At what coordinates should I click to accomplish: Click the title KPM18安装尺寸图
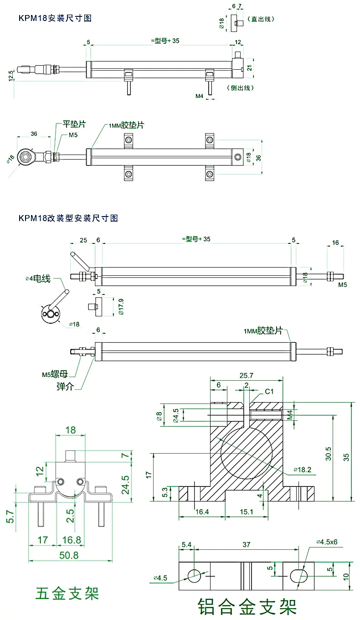coord(55,18)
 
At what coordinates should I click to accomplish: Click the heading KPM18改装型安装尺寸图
coord(68,218)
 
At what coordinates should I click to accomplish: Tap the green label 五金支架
coord(67,594)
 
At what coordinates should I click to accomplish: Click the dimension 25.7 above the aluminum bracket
coord(247,376)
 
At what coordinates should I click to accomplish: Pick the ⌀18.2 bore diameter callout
coord(303,469)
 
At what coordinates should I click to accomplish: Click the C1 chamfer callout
coord(269,392)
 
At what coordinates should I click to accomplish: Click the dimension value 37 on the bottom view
coord(246,545)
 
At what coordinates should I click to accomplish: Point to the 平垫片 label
coord(74,124)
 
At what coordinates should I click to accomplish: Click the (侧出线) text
coord(240,88)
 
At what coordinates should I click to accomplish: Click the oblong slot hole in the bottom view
coord(298,576)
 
